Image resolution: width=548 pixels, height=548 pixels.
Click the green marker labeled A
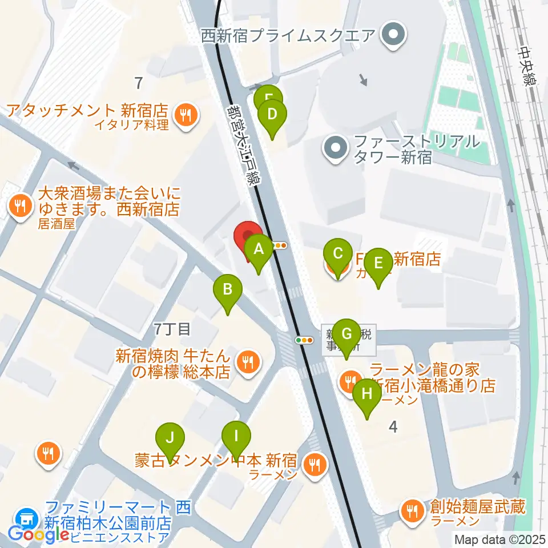click(259, 249)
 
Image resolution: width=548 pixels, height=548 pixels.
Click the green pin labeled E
click(378, 264)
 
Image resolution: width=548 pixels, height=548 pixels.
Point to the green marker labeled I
click(236, 437)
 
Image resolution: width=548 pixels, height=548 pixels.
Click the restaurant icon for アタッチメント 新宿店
click(186, 115)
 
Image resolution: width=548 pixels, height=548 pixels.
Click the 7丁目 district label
click(171, 328)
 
